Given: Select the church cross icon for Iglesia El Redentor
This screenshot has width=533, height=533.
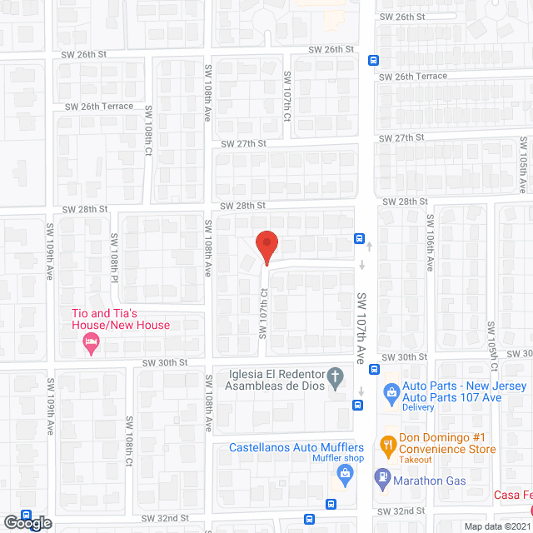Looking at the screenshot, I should coord(336,379).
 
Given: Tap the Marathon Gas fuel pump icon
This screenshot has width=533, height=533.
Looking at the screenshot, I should coord(382,478).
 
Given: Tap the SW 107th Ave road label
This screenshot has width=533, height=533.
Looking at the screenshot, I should coord(362,327).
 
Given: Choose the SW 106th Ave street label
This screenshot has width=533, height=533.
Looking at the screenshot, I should coord(430,242).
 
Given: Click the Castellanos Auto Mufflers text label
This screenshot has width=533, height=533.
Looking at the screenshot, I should coord(297,447).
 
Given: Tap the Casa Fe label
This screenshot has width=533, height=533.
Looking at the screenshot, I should coord(511,496).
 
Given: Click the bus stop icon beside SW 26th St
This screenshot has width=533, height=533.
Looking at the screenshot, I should coord(374,59).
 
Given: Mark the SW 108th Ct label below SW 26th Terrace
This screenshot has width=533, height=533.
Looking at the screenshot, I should coord(148,132).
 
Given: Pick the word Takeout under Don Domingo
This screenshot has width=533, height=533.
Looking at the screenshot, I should coord(414,460).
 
